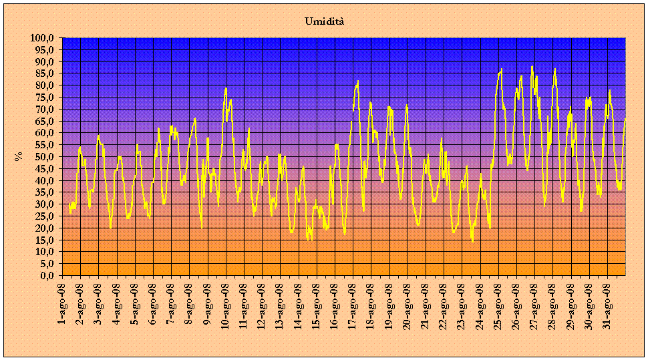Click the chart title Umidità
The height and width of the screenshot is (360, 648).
tap(324, 21)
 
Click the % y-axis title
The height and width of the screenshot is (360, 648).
tap(18, 156)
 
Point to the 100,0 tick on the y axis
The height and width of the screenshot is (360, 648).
tap(43, 38)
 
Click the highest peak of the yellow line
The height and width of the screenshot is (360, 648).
tap(532, 67)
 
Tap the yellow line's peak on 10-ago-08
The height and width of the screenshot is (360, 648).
tap(226, 88)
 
